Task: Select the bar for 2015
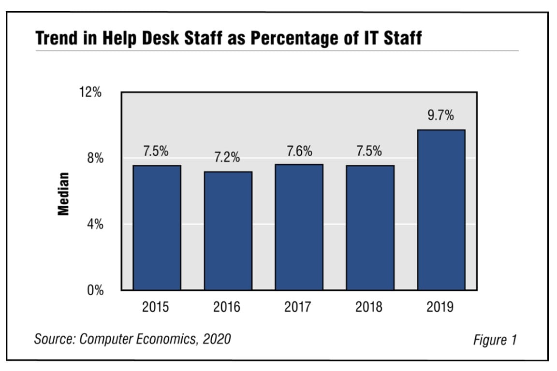[157, 228]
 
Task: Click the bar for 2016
[228, 230]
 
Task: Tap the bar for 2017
[299, 227]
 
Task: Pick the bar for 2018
[370, 228]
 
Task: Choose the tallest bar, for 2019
[441, 210]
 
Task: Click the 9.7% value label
[441, 115]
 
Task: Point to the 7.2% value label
[227, 157]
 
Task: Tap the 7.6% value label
[299, 151]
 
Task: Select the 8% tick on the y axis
[93, 158]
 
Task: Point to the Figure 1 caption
[495, 340]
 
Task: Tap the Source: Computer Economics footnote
[132, 339]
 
